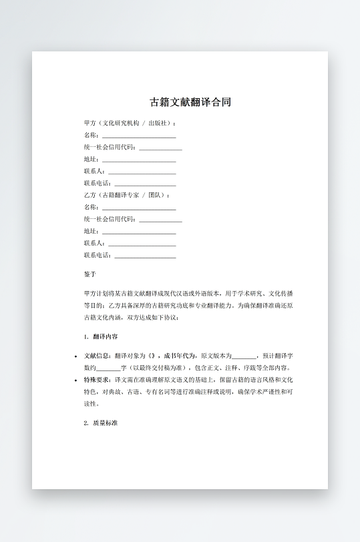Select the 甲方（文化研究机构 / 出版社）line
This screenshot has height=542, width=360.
coord(130,123)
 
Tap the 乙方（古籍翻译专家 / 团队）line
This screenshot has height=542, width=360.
coord(126,195)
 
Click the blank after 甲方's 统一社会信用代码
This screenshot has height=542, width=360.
coord(160,148)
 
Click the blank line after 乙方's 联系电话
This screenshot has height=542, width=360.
coord(146,256)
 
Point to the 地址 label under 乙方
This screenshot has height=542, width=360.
coord(91,231)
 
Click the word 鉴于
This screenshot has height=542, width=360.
coord(90,274)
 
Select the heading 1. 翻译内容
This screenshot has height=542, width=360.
coord(101,336)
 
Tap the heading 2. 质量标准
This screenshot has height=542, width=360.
coord(101,423)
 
